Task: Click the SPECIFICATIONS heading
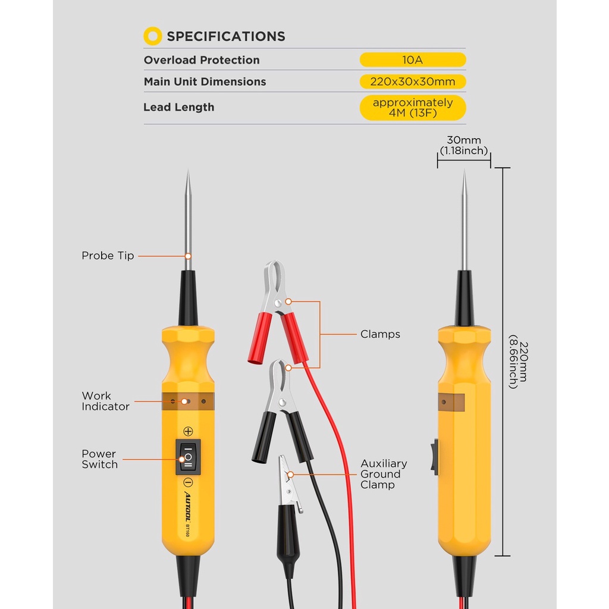[x=225, y=36]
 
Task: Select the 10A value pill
[x=413, y=60]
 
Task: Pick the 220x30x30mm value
[x=413, y=81]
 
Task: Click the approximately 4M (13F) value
[x=413, y=108]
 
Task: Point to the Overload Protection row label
[x=202, y=60]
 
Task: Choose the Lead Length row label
[x=178, y=107]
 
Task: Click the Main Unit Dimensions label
[x=205, y=81]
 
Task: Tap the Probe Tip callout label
[x=108, y=256]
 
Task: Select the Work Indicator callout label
[x=105, y=401]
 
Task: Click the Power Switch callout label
[x=99, y=459]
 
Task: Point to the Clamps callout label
[x=380, y=334]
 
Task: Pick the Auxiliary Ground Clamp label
[x=384, y=474]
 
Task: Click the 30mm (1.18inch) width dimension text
[x=464, y=145]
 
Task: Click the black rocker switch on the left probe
[x=188, y=457]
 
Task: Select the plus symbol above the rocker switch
[x=188, y=431]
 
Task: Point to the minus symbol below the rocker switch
[x=188, y=483]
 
